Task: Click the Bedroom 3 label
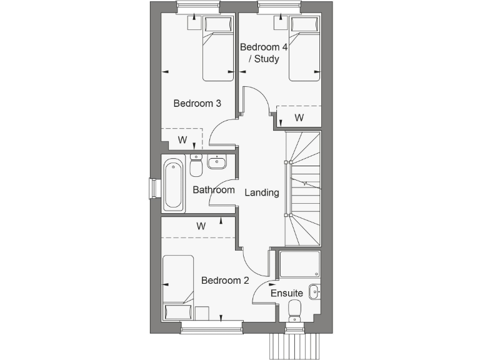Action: tap(197, 104)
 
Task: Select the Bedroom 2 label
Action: tap(225, 280)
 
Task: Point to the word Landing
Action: tap(261, 192)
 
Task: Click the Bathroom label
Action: tap(213, 190)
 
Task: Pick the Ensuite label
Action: tap(286, 292)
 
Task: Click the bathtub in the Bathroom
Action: tap(174, 185)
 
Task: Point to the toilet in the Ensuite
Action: tap(294, 309)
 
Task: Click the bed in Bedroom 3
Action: tap(217, 49)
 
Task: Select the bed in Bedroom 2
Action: tap(179, 288)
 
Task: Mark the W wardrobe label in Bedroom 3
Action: tap(182, 140)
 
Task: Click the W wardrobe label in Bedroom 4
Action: tap(299, 117)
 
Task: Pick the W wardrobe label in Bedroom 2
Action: tap(201, 226)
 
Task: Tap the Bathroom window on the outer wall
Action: tap(152, 188)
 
